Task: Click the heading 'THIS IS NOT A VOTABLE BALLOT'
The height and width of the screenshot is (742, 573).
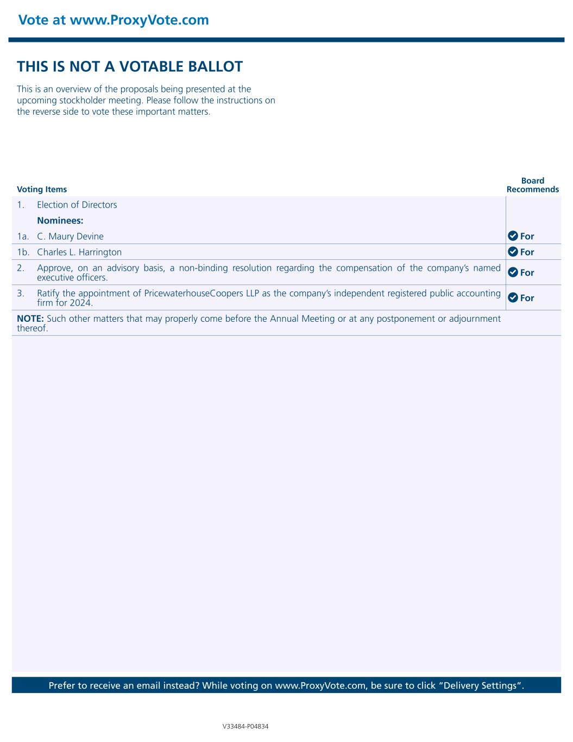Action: [x=130, y=67]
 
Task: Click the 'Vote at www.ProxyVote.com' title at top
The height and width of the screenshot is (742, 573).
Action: [x=114, y=20]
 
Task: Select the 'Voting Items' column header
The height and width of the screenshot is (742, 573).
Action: [x=42, y=190]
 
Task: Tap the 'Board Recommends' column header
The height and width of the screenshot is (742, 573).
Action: [x=532, y=185]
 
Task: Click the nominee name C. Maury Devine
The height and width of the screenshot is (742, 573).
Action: [x=70, y=236]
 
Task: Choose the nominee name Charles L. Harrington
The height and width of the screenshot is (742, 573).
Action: [x=79, y=252]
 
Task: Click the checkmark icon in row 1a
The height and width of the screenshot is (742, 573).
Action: [x=513, y=236]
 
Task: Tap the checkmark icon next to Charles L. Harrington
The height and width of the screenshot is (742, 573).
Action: [x=513, y=252]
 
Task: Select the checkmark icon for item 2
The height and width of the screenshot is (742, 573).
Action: [x=513, y=272]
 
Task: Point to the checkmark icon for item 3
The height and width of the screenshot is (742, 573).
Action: [x=513, y=297]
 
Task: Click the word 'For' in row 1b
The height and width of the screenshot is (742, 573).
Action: [x=527, y=252]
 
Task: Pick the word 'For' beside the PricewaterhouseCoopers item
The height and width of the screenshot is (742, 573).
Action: [x=527, y=298]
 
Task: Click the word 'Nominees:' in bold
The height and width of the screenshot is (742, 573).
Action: [x=60, y=221]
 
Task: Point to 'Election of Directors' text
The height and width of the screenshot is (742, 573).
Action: [x=77, y=205]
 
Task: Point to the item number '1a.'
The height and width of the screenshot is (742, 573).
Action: [x=23, y=236]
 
